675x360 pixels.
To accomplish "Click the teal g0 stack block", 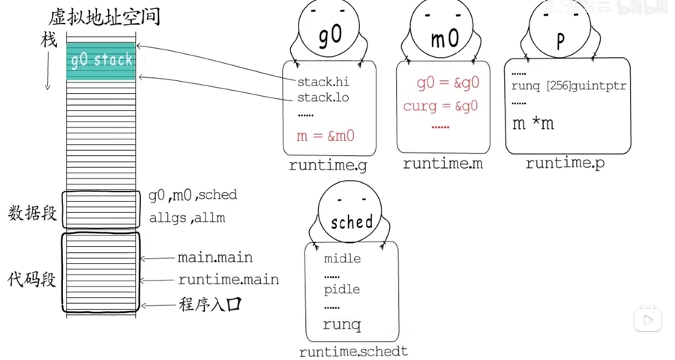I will [100, 60].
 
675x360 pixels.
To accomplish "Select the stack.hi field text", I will [323, 82].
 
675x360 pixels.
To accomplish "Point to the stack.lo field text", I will [323, 97].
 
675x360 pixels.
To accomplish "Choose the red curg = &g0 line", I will [440, 106].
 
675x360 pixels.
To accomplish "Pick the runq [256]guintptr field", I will [568, 86].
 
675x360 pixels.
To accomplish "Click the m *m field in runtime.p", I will [533, 124].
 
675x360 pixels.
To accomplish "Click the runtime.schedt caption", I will [353, 351].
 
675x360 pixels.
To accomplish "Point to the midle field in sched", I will [342, 259].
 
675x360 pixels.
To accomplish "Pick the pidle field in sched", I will [342, 289].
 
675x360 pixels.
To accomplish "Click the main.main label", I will [214, 257].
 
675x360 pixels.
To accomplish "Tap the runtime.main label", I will [228, 280].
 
